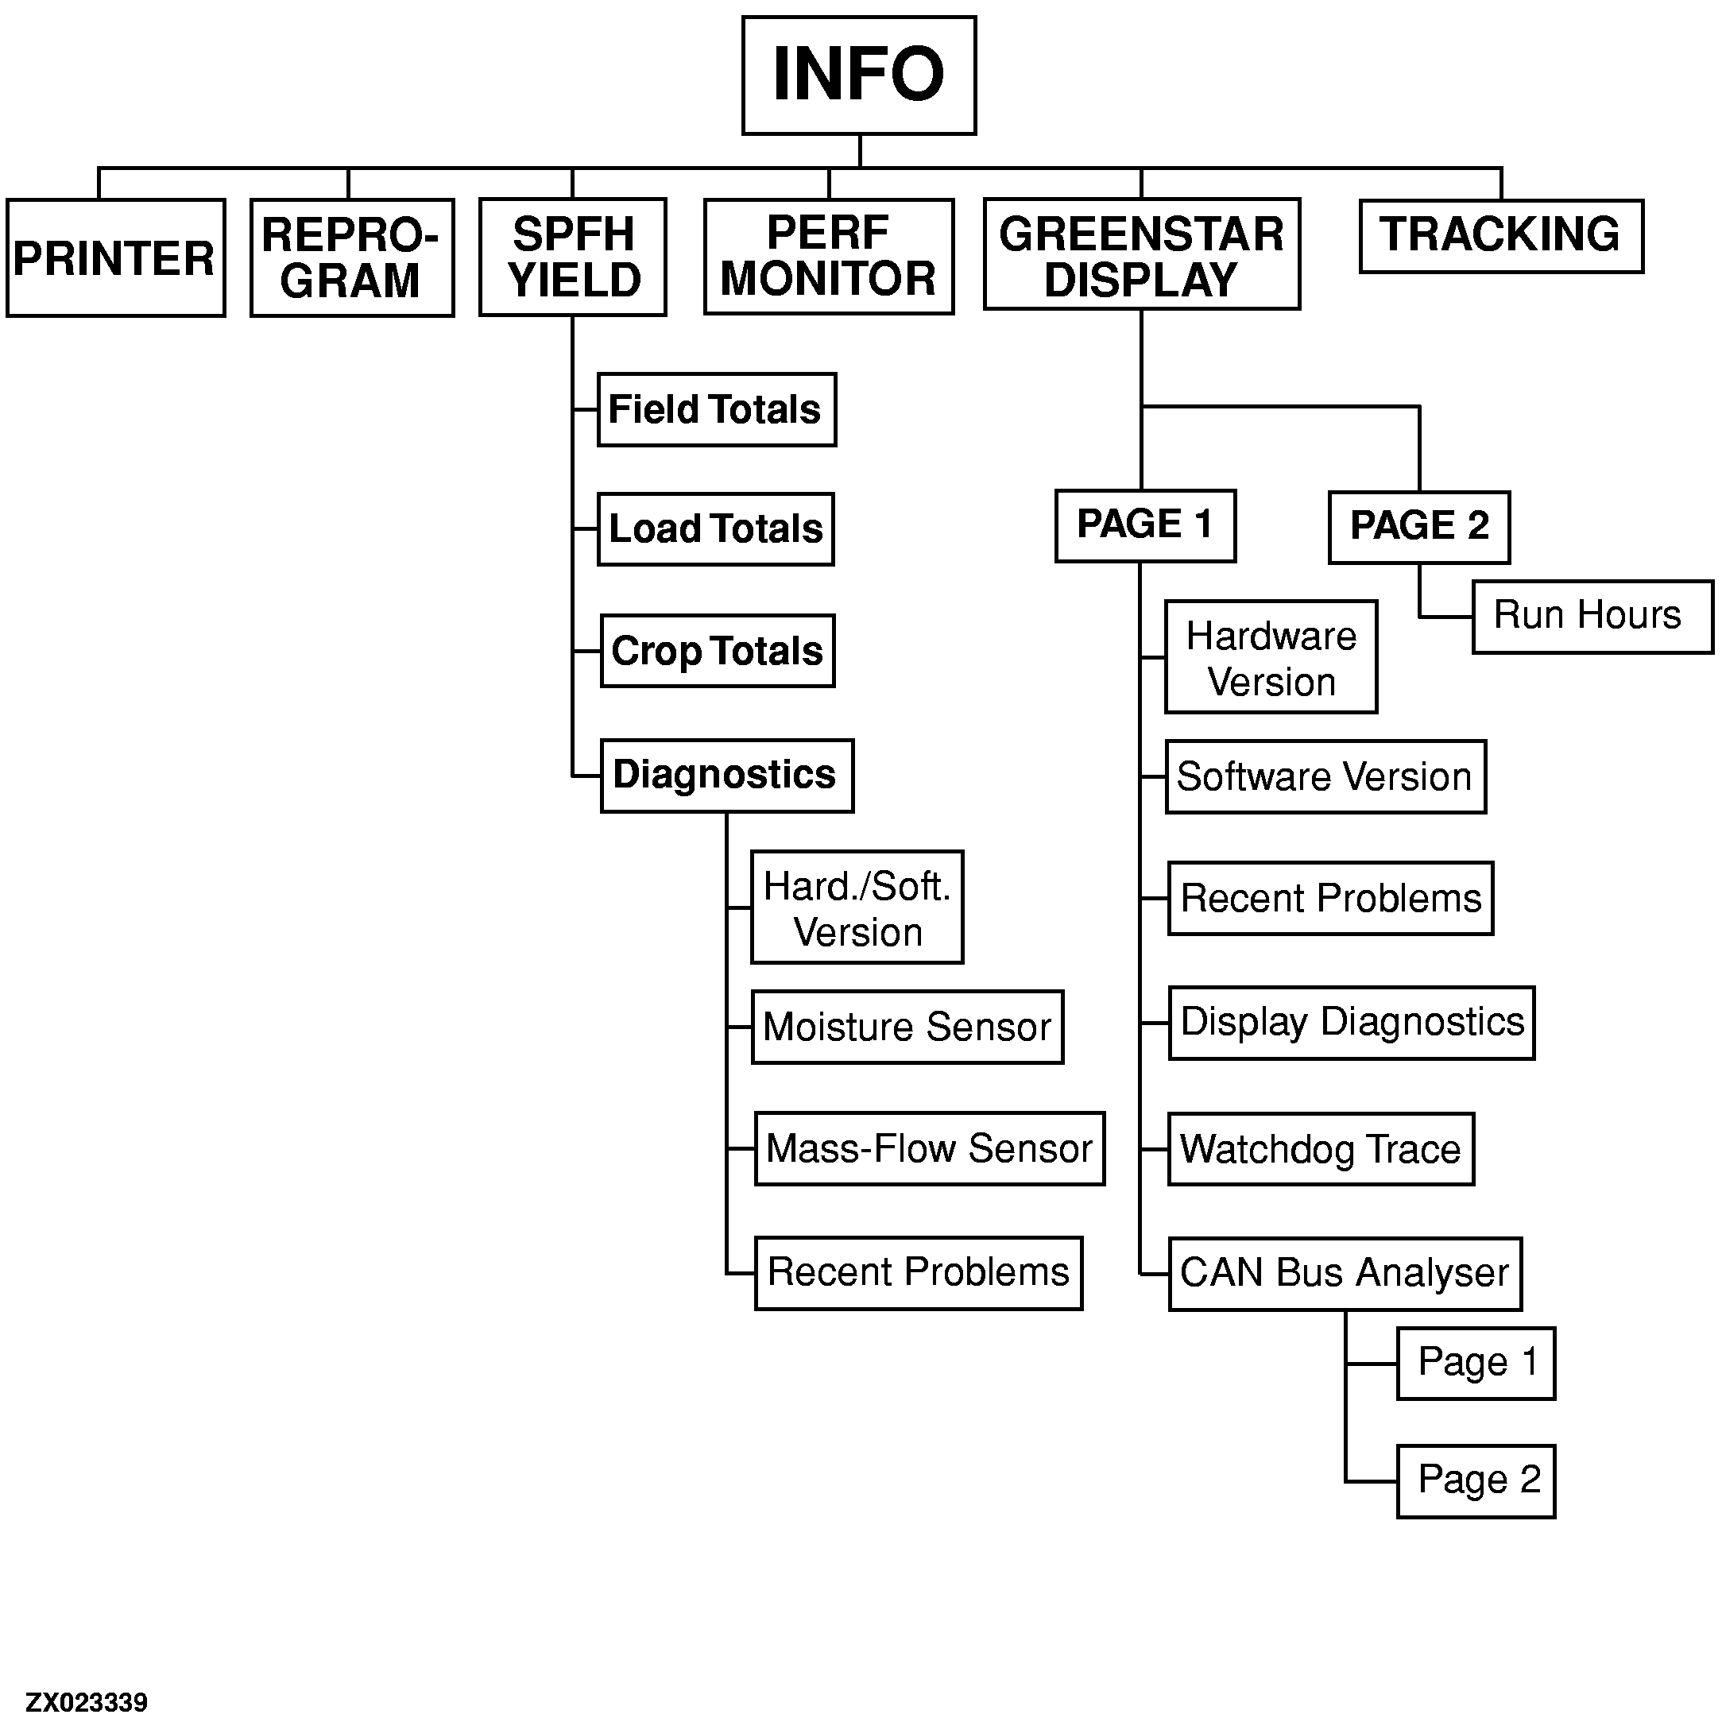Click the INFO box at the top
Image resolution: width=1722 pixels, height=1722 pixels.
[858, 75]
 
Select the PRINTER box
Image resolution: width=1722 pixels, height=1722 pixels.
[115, 257]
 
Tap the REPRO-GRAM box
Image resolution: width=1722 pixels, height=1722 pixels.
[351, 257]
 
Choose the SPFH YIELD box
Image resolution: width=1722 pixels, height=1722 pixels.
[572, 257]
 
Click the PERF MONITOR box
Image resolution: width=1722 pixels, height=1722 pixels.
[828, 257]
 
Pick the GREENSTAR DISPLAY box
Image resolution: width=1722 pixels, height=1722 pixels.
[1141, 255]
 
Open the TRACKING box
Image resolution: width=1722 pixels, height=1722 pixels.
[1500, 235]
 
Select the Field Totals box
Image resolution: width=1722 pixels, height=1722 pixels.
[716, 410]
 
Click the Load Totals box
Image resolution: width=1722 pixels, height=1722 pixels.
[715, 529]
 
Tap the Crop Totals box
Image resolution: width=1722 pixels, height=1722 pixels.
[717, 651]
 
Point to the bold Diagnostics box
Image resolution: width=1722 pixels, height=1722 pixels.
[726, 776]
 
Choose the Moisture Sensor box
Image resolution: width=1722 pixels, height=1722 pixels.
[907, 1027]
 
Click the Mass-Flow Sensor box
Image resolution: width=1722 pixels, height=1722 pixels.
[929, 1148]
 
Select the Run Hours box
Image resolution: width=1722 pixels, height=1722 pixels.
[1591, 617]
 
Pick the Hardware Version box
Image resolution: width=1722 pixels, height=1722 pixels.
[1270, 658]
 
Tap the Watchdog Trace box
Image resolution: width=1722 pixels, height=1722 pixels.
[1320, 1149]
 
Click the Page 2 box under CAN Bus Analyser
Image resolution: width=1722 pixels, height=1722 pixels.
[1475, 1480]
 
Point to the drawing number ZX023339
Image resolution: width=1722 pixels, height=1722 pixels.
[87, 1702]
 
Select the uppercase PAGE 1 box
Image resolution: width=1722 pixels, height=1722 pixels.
[1144, 525]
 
